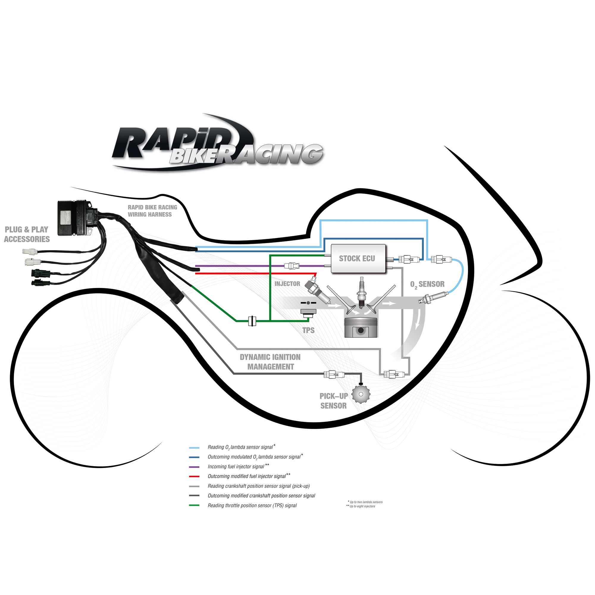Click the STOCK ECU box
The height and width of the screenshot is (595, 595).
[x=358, y=259]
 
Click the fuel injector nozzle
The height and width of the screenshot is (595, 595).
[x=317, y=290]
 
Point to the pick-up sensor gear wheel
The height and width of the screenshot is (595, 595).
[x=361, y=394]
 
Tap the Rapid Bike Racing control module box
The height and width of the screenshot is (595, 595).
[x=75, y=218]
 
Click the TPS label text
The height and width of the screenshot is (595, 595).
[x=308, y=331]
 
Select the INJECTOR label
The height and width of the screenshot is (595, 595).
[x=287, y=284]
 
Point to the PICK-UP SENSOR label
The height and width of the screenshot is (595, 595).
[x=333, y=401]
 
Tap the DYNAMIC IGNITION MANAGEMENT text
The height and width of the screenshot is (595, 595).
[x=270, y=362]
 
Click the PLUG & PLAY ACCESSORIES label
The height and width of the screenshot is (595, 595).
[x=27, y=234]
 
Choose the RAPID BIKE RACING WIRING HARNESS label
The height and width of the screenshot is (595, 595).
[x=152, y=211]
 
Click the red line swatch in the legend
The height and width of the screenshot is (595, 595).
[x=194, y=476]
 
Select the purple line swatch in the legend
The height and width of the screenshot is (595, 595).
[x=194, y=467]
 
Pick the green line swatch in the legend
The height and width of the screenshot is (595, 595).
[x=194, y=505]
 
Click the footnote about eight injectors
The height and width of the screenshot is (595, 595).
[x=361, y=506]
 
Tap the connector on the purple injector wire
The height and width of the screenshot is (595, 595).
[x=292, y=266]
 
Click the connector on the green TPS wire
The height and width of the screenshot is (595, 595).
[x=252, y=321]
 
